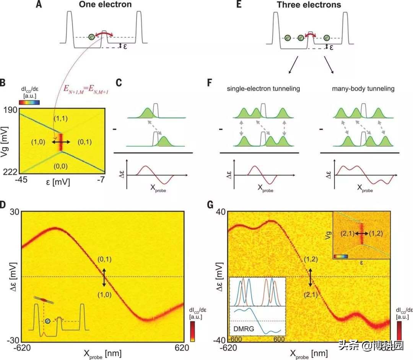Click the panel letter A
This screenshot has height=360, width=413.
[x=39, y=5]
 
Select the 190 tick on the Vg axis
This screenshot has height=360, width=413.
[x=8, y=110]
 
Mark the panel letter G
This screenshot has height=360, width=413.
[x=210, y=205]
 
